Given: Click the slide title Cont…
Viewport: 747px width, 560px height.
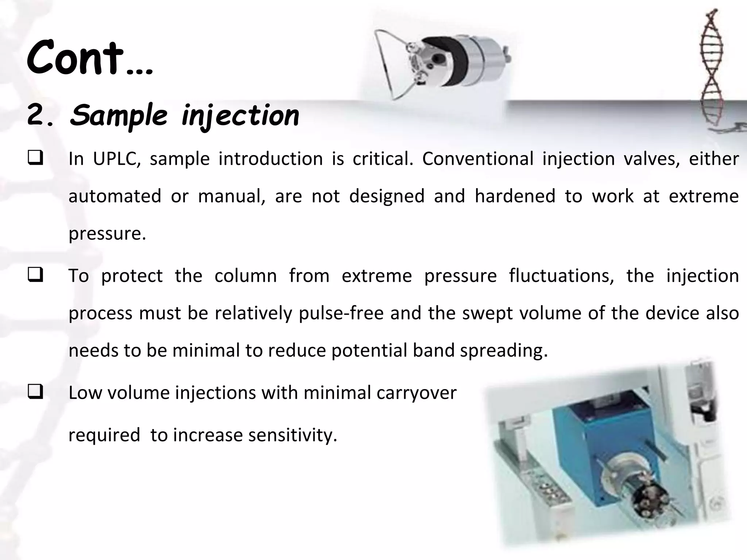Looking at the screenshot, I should point(90,58).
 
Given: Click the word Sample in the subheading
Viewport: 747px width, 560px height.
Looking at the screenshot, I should point(119,115).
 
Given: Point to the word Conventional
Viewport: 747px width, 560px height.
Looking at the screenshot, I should point(477,159).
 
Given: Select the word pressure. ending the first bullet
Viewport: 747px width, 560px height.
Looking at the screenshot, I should point(107,234).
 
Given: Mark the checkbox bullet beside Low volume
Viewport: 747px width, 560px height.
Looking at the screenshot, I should point(35,393).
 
